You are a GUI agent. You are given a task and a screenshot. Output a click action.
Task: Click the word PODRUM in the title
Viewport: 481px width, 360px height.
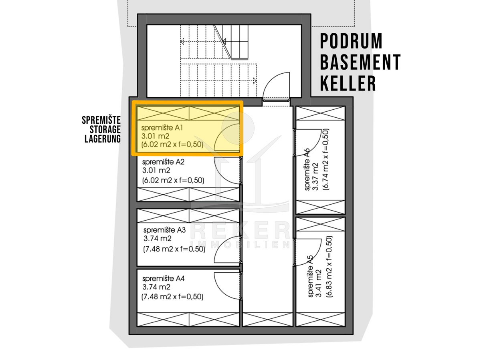pyautogui.click(x=351, y=41)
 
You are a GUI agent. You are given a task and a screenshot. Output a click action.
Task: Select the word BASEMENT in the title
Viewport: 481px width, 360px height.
pyautogui.click(x=360, y=62)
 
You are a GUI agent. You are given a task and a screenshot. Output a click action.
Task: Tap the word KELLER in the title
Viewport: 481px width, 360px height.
pyautogui.click(x=348, y=83)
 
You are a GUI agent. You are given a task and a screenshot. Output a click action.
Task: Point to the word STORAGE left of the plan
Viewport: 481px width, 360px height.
pyautogui.click(x=105, y=129)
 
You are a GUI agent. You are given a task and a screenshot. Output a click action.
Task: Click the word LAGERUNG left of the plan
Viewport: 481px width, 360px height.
pyautogui.click(x=103, y=139)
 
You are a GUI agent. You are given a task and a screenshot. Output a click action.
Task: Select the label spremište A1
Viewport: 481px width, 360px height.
pyautogui.click(x=162, y=128)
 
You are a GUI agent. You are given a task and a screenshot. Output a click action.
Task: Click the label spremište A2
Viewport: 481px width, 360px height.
pyautogui.click(x=163, y=162)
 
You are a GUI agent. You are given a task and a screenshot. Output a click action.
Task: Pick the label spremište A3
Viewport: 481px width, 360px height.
pyautogui.click(x=164, y=230)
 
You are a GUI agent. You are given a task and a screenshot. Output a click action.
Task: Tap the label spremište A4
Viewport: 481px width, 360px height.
pyautogui.click(x=164, y=279)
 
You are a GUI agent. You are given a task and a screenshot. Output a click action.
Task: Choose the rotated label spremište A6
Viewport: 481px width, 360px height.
pyautogui.click(x=307, y=169)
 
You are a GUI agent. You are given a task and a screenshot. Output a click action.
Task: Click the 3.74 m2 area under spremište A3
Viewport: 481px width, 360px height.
pyautogui.click(x=158, y=238)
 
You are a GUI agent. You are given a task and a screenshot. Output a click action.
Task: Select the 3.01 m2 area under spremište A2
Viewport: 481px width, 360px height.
pyautogui.click(x=156, y=170)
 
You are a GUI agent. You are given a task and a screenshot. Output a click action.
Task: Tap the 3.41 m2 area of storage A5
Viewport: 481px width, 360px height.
pyautogui.click(x=319, y=283)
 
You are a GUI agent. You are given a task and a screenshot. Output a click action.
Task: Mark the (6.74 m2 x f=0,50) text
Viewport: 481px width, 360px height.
pyautogui.click(x=325, y=159)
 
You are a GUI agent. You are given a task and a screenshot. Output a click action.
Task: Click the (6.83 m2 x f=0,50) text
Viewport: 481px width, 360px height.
pyautogui.click(x=329, y=266)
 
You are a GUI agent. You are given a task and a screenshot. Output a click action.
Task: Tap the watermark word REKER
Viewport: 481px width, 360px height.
pyautogui.click(x=240, y=230)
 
